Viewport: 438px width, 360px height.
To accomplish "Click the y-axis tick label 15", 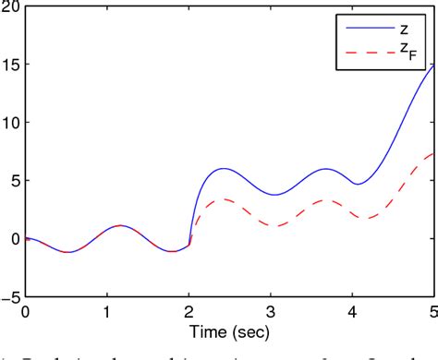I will pyautogui.click(x=10, y=65).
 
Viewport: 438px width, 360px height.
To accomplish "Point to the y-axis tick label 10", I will pyautogui.click(x=10, y=123).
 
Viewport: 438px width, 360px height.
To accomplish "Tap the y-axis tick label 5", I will pyautogui.click(x=14, y=181).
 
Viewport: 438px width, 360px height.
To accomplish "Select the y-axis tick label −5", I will pyautogui.click(x=10, y=297).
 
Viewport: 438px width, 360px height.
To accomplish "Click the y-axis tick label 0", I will pyautogui.click(x=14, y=239).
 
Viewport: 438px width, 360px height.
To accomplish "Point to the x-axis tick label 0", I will pyautogui.click(x=26, y=311).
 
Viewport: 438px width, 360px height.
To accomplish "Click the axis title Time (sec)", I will pyautogui.click(x=229, y=330).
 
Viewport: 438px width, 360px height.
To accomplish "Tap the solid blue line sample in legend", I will pyautogui.click(x=365, y=30).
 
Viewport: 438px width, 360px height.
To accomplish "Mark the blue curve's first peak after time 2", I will pyautogui.click(x=225, y=169).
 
